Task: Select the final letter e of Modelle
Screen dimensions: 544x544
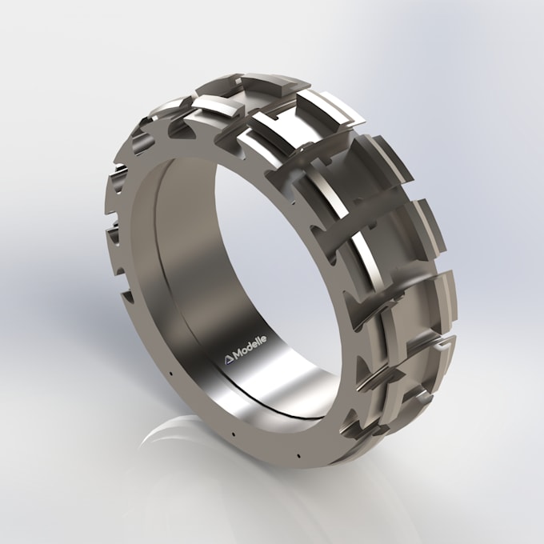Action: click(x=265, y=338)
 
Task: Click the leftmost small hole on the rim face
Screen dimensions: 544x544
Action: click(x=173, y=370)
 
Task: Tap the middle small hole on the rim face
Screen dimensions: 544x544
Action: click(x=231, y=434)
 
